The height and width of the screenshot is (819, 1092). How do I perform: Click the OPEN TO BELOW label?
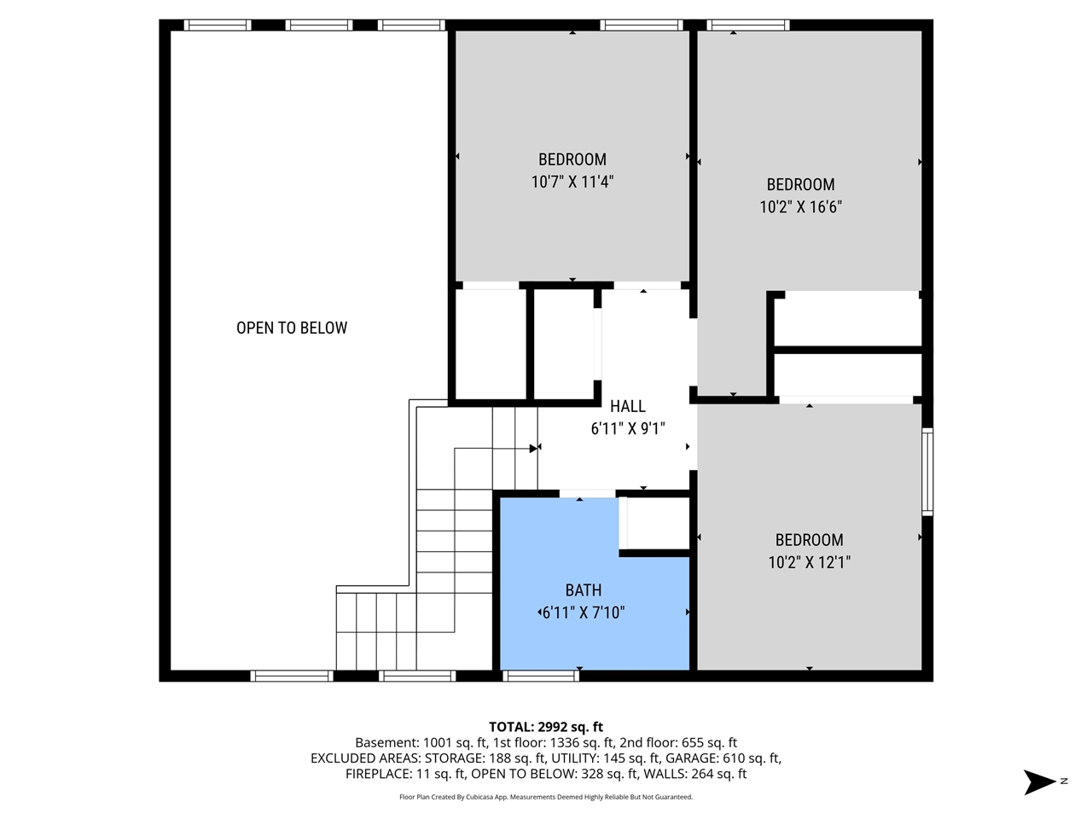coord(292,328)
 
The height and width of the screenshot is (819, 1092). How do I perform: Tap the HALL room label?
coord(627,406)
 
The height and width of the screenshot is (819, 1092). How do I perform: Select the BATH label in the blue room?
coord(584,590)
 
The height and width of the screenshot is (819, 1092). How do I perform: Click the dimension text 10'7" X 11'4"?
coord(572,182)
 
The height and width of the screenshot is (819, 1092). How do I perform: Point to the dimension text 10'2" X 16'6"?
coord(800,206)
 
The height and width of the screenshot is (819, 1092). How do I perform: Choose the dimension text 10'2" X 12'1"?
coord(809,562)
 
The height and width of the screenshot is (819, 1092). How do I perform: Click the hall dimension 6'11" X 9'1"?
coord(627,428)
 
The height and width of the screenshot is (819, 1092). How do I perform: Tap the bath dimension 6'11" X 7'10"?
coord(584,613)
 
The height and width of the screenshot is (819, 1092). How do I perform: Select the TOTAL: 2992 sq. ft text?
coord(546,727)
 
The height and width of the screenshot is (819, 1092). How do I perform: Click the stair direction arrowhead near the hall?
coord(534,448)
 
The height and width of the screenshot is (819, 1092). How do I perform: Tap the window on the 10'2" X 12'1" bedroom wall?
coord(927,472)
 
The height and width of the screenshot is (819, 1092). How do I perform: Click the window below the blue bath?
coord(541,676)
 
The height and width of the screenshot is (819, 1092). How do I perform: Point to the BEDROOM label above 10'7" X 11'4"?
coord(572,160)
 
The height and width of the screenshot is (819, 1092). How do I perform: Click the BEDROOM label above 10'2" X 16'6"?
coord(800,184)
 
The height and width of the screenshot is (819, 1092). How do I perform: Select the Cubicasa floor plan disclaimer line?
coord(546,797)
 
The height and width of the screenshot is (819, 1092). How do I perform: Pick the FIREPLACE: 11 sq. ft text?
coord(405,774)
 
